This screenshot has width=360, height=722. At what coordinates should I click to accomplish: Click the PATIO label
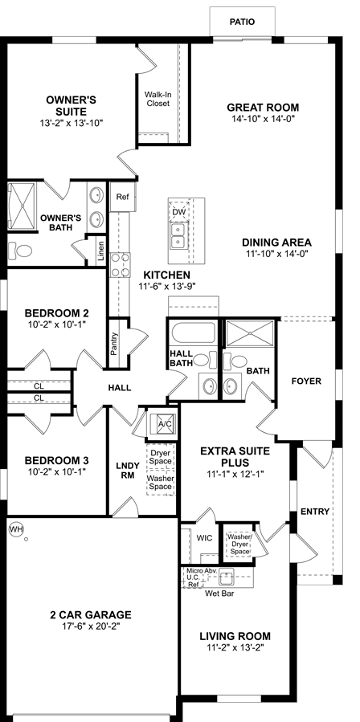[242, 22]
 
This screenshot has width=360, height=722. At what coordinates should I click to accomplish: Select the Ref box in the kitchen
[122, 197]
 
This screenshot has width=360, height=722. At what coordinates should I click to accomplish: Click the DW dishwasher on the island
[179, 211]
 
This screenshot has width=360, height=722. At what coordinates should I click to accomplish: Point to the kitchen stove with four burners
[120, 266]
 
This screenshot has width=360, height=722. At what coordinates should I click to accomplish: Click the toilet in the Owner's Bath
[20, 251]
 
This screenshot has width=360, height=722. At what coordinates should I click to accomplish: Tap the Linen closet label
[101, 251]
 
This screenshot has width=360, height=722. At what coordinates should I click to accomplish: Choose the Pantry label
[114, 344]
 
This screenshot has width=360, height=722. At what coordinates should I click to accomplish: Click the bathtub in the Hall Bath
[193, 332]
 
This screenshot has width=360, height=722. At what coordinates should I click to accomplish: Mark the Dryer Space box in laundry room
[161, 456]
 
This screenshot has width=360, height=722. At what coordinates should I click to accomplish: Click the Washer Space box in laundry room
[161, 482]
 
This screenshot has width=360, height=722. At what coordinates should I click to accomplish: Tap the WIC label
[204, 538]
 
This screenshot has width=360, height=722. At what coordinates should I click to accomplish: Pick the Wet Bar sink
[227, 576]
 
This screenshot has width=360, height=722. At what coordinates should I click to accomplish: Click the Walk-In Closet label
[158, 99]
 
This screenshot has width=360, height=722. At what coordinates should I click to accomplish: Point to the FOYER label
[306, 381]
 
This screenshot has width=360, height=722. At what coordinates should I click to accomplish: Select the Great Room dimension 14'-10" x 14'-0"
[263, 118]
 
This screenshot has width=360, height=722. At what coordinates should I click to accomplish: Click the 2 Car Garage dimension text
[90, 626]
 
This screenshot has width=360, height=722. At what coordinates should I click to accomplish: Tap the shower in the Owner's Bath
[21, 206]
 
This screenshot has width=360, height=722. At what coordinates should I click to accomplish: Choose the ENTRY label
[315, 512]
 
